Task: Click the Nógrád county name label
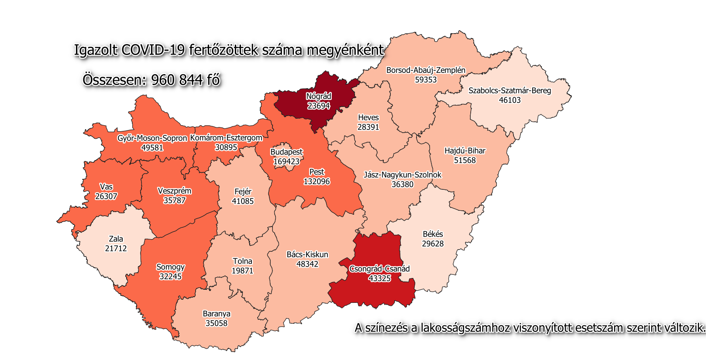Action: coord(318,96)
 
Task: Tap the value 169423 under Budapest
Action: coord(286,161)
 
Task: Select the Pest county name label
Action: coord(317,172)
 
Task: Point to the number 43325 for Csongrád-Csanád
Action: coord(379,278)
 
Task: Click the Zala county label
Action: coord(116,239)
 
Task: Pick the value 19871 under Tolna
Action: coord(242,271)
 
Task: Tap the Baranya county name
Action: coord(217,314)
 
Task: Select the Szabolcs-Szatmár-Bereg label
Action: coord(510,91)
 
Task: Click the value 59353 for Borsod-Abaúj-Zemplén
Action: coord(426,80)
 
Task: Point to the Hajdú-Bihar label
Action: coord(465,151)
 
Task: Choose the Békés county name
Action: coord(433,234)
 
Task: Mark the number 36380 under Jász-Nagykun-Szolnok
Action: coord(402,185)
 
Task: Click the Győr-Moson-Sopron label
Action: coord(152,138)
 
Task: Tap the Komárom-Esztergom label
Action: coord(226,138)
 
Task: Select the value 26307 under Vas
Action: coord(106,196)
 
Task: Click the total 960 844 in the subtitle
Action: coord(177,80)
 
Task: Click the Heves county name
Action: coord(368,118)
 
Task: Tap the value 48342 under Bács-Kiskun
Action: coord(307,264)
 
